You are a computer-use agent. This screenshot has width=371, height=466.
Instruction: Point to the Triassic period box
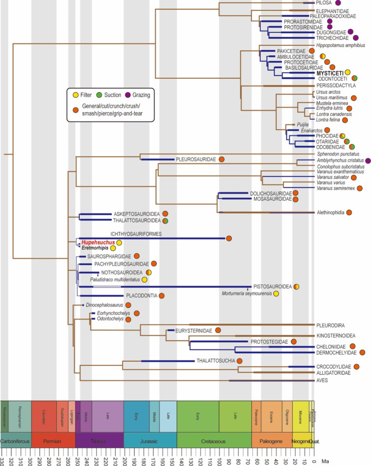[x=99, y=441]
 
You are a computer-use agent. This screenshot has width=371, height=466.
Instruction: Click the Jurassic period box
[x=150, y=441]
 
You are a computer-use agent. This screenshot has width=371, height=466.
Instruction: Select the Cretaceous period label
[x=214, y=442]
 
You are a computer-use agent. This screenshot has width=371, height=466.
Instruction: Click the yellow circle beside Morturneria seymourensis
[x=276, y=294]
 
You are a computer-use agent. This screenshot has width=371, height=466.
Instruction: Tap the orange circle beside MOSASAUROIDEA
[x=295, y=199]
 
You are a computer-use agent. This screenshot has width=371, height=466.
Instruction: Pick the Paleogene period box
[x=271, y=441]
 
